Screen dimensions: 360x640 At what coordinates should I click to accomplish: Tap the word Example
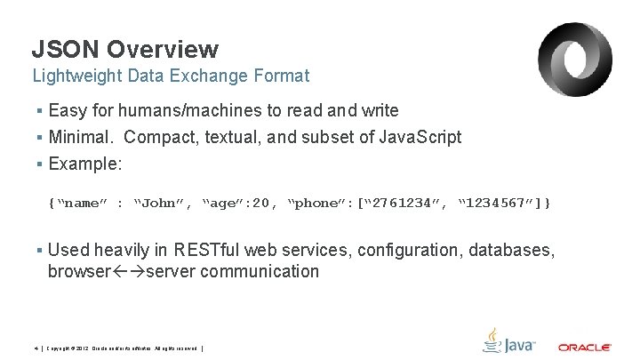pos(85,164)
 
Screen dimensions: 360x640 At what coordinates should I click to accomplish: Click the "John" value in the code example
pos(164,204)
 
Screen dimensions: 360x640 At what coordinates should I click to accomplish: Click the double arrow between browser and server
pos(126,272)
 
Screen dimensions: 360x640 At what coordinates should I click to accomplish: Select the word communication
pos(260,272)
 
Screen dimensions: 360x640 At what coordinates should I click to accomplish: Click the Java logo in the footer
pos(508,341)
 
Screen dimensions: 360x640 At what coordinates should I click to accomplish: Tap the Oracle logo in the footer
pos(584,347)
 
